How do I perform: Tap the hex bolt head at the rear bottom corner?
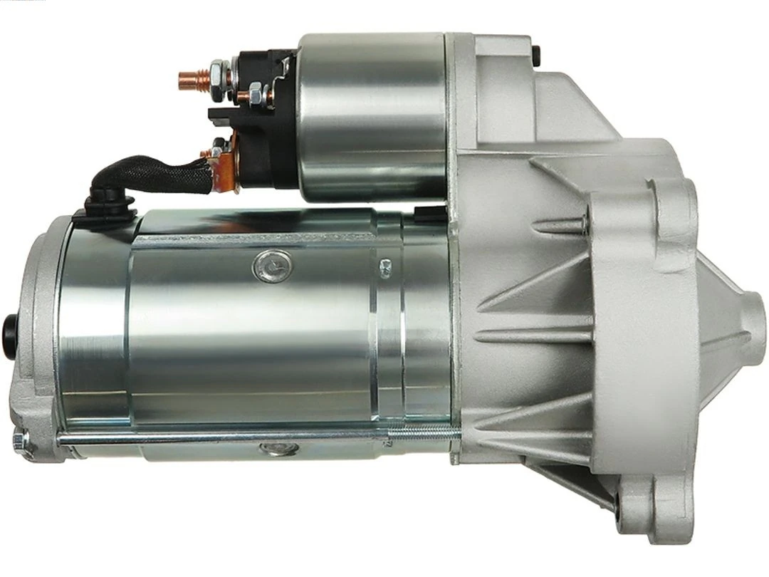click(21, 442)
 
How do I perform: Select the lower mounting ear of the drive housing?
click(652, 506)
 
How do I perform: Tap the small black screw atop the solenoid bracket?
click(536, 53)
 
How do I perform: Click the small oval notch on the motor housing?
click(385, 266)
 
